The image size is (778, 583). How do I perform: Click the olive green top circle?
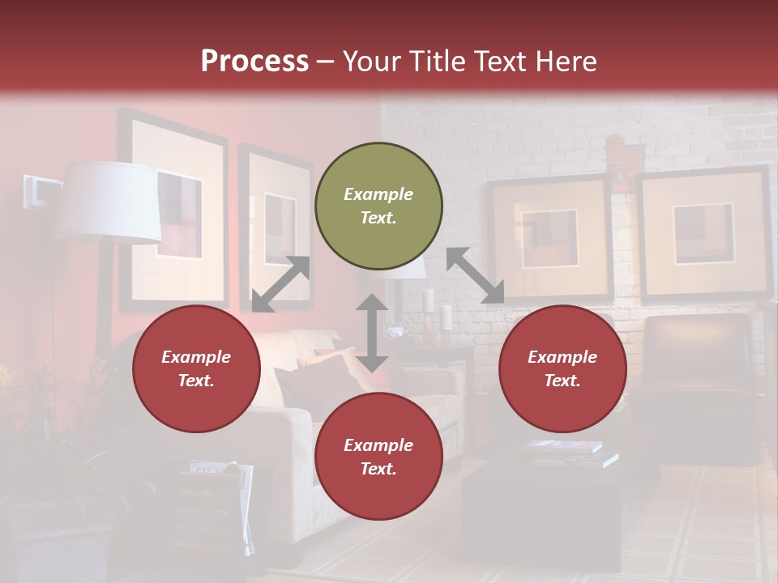tap(378, 206)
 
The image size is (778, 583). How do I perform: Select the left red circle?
tap(196, 369)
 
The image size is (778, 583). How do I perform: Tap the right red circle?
tap(562, 369)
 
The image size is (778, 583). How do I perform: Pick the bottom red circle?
tap(378, 457)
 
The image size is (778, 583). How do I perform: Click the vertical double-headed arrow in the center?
tap(372, 333)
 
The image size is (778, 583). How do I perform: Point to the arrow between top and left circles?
tap(281, 284)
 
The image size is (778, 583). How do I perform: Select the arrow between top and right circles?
tap(475, 275)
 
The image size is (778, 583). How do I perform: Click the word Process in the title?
tap(254, 62)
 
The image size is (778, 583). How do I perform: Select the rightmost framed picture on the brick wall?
tap(703, 235)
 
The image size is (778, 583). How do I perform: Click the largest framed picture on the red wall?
tap(174, 212)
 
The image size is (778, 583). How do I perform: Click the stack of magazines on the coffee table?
tap(571, 453)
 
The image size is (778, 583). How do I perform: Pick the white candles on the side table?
tap(438, 312)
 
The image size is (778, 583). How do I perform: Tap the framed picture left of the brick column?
tap(549, 239)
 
